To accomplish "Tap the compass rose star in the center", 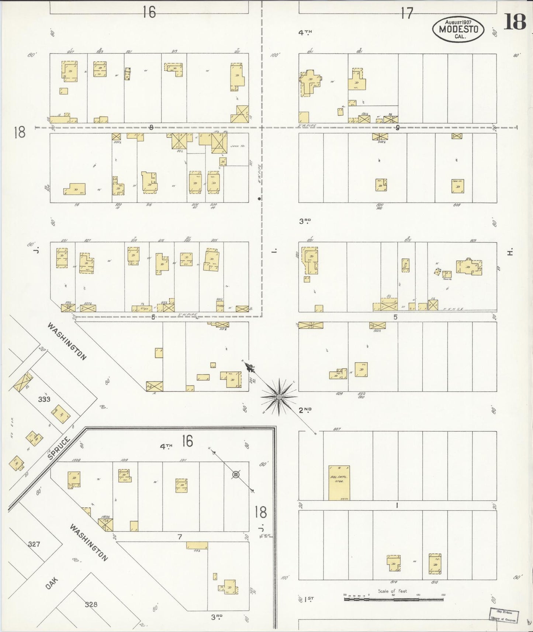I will (279, 397).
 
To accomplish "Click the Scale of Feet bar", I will (394, 600).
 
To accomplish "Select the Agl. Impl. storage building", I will (339, 482).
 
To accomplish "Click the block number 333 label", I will (44, 399).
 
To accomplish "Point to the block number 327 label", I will (34, 544).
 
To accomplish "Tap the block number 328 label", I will (91, 604).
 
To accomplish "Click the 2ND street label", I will (305, 410).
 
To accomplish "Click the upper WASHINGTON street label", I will (67, 341).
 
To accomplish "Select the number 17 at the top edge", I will (407, 14).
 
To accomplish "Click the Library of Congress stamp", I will (504, 615).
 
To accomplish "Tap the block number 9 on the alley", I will (397, 128).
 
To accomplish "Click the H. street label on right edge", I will (510, 252).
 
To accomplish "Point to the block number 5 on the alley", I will (395, 317).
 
